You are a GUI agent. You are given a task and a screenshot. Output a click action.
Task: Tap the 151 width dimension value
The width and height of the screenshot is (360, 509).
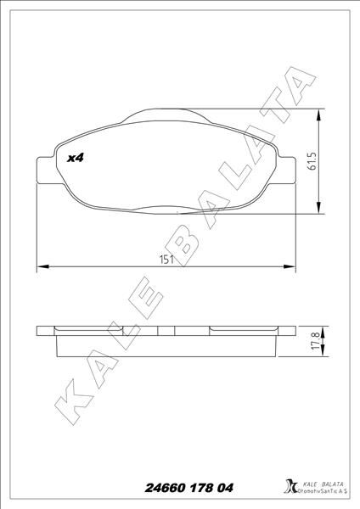click(166, 260)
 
